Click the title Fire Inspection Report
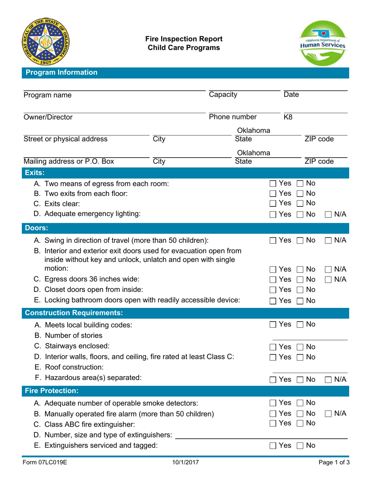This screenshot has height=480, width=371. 184,39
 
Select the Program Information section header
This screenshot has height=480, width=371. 61,72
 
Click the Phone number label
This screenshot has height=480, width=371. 233,117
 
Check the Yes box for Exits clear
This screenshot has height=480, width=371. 273,203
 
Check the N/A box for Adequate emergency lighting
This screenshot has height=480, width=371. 328,213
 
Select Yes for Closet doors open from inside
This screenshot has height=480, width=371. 273,289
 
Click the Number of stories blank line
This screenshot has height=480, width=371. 309,336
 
